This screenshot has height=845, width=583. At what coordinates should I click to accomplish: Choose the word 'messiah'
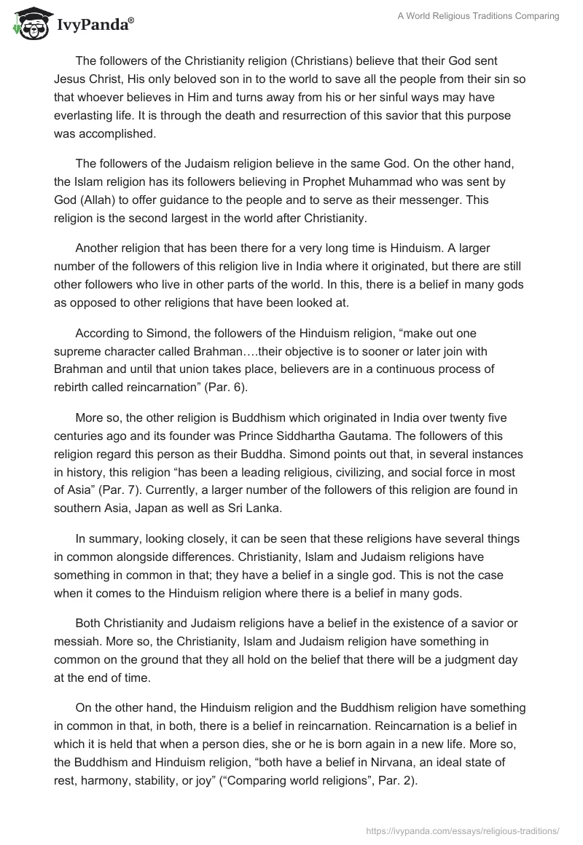(79, 642)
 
